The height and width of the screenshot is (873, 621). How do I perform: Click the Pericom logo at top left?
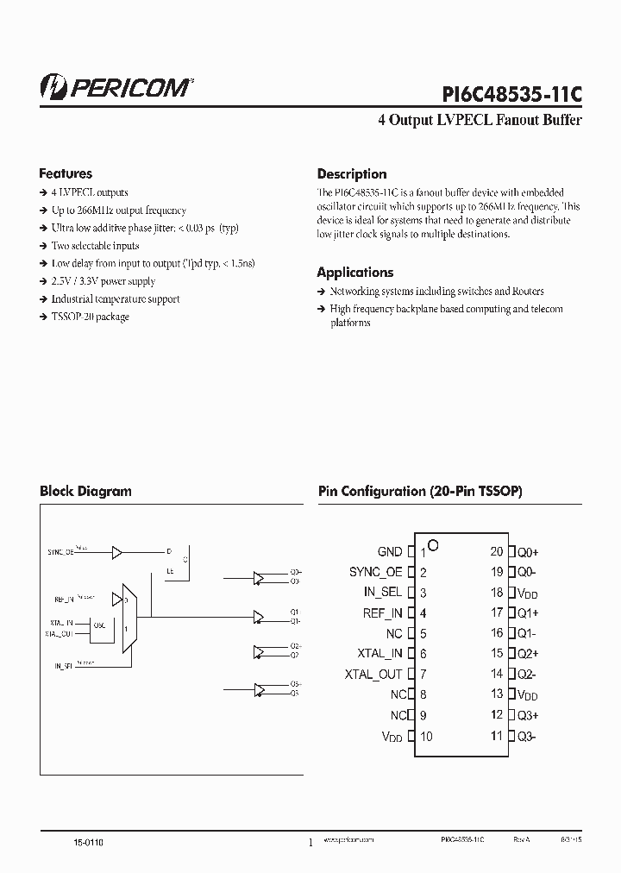tap(116, 86)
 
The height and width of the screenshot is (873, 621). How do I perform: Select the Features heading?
tap(66, 173)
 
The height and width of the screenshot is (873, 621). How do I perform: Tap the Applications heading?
tap(354, 273)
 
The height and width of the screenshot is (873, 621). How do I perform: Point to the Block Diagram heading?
tap(85, 491)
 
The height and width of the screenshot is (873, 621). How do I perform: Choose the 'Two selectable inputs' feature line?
tap(95, 246)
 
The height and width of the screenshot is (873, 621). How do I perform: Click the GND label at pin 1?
tap(389, 552)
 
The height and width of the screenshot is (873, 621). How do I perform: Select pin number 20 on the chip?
tap(496, 551)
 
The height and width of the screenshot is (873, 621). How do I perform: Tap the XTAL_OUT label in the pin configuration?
tap(373, 675)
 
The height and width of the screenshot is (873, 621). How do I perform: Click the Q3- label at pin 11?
tap(527, 737)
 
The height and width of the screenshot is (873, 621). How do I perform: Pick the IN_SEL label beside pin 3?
tap(382, 593)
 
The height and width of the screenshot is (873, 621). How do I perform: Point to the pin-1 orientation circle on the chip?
tap(434, 545)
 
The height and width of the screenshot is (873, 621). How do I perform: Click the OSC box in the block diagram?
tap(99, 626)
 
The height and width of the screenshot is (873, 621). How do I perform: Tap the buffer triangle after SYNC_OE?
tap(118, 552)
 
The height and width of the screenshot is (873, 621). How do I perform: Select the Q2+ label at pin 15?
tap(527, 654)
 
